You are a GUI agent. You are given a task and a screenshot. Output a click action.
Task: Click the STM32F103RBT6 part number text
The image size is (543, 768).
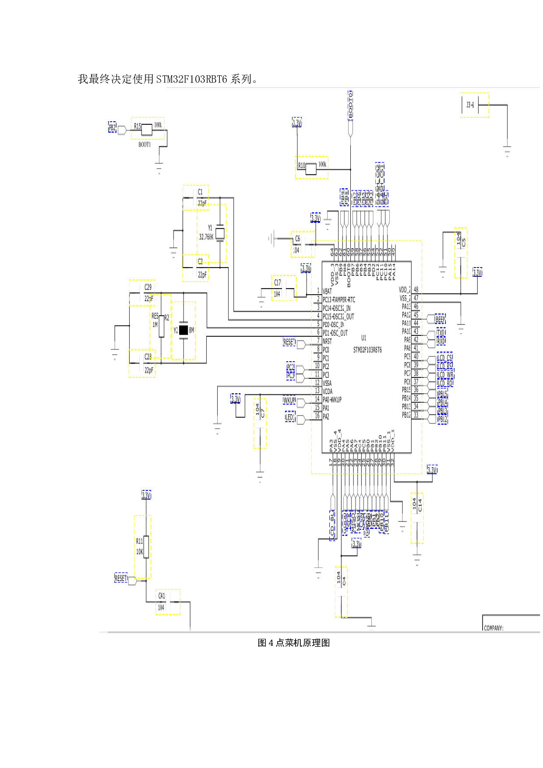tap(367, 350)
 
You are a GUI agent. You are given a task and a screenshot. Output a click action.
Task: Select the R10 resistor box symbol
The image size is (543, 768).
tap(311, 169)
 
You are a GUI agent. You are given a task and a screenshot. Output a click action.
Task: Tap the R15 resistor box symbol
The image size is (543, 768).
tap(147, 129)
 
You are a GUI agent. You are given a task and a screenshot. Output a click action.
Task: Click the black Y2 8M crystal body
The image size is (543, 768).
tap(183, 330)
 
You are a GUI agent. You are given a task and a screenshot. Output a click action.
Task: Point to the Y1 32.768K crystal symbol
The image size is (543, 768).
tap(220, 233)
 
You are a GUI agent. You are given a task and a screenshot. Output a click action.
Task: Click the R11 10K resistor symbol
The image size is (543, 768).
tap(146, 546)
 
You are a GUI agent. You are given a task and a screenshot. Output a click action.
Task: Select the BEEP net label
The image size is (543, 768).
tap(440, 320)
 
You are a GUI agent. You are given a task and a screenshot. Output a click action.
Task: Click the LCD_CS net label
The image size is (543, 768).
tap(444, 358)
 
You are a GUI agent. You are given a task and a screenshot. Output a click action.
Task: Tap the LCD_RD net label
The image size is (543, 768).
tap(444, 383)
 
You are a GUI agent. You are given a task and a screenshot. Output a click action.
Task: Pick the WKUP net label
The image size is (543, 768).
tap(289, 400)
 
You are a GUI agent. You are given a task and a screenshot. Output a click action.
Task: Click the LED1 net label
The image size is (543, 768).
tap(289, 417)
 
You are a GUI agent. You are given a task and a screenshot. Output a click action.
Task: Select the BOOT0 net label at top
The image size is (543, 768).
tap(350, 105)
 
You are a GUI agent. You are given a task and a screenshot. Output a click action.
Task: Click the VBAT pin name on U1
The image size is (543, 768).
tap(327, 291)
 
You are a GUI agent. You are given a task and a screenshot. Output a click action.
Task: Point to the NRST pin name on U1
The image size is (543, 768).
tap(327, 342)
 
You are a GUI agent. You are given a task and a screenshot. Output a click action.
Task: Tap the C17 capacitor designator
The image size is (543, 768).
tap(277, 283)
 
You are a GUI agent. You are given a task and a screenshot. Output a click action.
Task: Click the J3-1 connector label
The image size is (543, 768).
tap(470, 105)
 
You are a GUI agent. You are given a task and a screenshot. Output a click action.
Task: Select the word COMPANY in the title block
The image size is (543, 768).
tap(494, 628)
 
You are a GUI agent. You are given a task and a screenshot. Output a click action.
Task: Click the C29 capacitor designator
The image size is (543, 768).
tap(148, 287)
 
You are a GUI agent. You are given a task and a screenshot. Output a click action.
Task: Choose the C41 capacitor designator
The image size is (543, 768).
tap(162, 596)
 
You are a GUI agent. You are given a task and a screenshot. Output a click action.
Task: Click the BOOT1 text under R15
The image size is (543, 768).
tap(145, 144)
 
